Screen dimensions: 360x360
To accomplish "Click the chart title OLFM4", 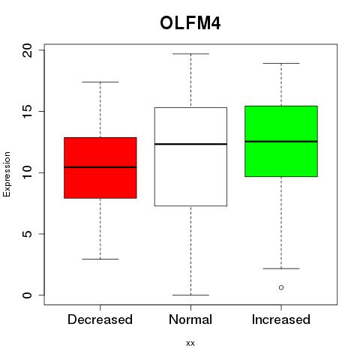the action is (190, 23).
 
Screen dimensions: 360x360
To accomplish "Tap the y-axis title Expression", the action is (7, 174).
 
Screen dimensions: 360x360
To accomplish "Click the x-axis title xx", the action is (190, 343).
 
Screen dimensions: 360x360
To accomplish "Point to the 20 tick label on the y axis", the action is (27, 50).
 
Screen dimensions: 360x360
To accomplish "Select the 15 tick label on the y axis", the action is (27, 111).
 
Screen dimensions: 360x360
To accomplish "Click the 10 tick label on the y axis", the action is (27, 172).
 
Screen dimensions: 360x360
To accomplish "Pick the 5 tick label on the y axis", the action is (27, 234).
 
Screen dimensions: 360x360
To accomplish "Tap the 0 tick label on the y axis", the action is (27, 295).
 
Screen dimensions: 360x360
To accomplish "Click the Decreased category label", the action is (100, 319).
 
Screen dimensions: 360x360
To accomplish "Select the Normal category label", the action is (190, 319).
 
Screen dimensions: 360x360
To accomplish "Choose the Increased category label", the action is (281, 319).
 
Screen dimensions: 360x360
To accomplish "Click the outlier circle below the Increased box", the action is (281, 287).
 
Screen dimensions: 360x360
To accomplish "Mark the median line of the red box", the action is (100, 167).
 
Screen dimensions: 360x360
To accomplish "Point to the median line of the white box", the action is (190, 144).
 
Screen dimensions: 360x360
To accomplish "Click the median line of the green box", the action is (281, 142).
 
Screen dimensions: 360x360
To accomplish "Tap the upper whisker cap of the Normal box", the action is (190, 54).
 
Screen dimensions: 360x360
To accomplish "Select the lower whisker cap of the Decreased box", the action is (100, 259).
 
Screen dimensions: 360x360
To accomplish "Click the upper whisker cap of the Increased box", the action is (281, 63).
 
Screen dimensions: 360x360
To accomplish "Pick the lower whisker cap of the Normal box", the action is (190, 295).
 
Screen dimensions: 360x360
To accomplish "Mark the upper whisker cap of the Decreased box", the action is (100, 82).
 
